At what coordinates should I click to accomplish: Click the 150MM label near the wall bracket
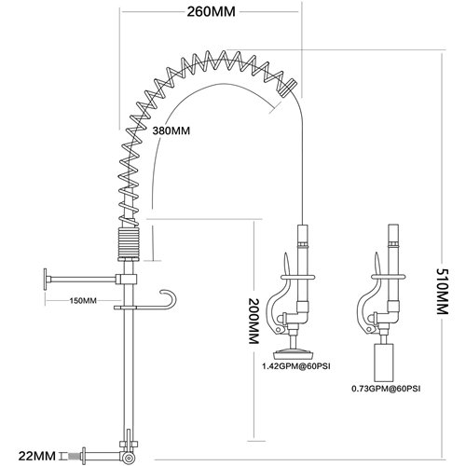82,300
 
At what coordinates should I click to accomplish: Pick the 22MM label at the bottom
33,456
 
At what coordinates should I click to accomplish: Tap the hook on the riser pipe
166,297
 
